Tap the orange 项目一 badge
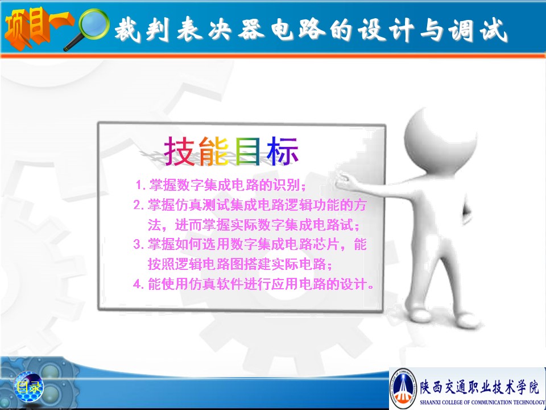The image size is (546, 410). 38,28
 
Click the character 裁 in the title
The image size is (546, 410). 127,29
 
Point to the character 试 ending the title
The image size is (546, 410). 494,30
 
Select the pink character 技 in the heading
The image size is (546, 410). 179,151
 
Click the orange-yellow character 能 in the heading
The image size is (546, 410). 214,151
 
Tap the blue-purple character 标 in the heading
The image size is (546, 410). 282,151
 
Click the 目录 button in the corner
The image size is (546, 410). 28,387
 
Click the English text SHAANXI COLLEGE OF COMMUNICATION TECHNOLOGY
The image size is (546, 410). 482,402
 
